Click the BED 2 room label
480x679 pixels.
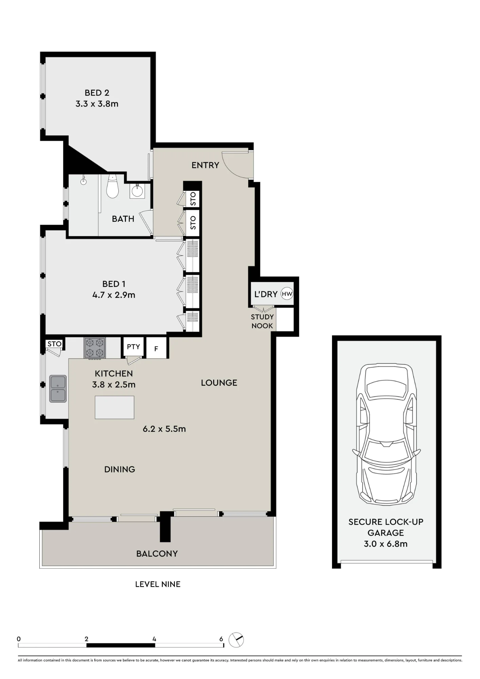97,93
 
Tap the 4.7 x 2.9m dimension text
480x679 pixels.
114,295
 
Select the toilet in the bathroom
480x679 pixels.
112,186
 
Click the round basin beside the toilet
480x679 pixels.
137,191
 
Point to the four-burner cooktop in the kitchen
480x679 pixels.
95,348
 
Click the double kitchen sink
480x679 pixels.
58,389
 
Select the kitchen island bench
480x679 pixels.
114,407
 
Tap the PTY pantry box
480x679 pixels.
133,347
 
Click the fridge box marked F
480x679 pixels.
156,348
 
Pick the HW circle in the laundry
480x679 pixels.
287,294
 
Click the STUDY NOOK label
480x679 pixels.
262,321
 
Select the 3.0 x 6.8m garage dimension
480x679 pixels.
386,544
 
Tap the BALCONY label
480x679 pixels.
157,554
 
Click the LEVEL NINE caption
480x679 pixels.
158,584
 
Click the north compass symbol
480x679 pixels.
236,640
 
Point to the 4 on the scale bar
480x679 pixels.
154,639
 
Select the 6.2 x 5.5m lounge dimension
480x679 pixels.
164,429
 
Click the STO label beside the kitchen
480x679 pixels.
54,344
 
